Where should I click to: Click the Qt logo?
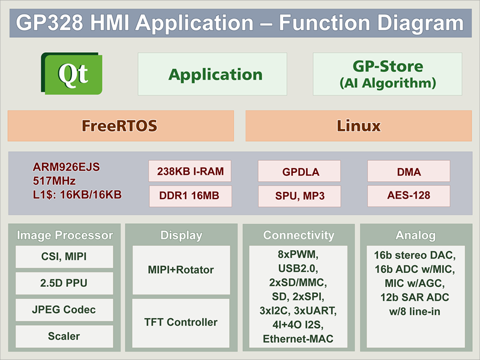(71, 73)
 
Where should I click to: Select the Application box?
(212, 74)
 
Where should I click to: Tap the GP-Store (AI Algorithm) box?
(387, 74)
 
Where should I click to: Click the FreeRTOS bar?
(121, 126)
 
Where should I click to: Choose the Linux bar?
(358, 126)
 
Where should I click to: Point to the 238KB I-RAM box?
(190, 171)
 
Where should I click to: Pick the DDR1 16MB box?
(190, 196)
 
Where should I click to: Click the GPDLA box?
(299, 171)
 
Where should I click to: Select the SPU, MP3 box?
(299, 196)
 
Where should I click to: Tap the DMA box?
(409, 171)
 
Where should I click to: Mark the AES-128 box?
(409, 196)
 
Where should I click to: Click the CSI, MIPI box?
(64, 257)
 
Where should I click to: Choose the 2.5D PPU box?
(64, 283)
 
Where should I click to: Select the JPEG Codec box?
(64, 310)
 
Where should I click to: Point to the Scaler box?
(64, 337)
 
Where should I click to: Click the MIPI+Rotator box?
(181, 270)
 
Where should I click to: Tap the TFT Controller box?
(181, 323)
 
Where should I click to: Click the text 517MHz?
(54, 181)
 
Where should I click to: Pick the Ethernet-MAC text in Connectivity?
(298, 339)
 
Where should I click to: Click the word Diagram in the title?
(421, 23)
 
